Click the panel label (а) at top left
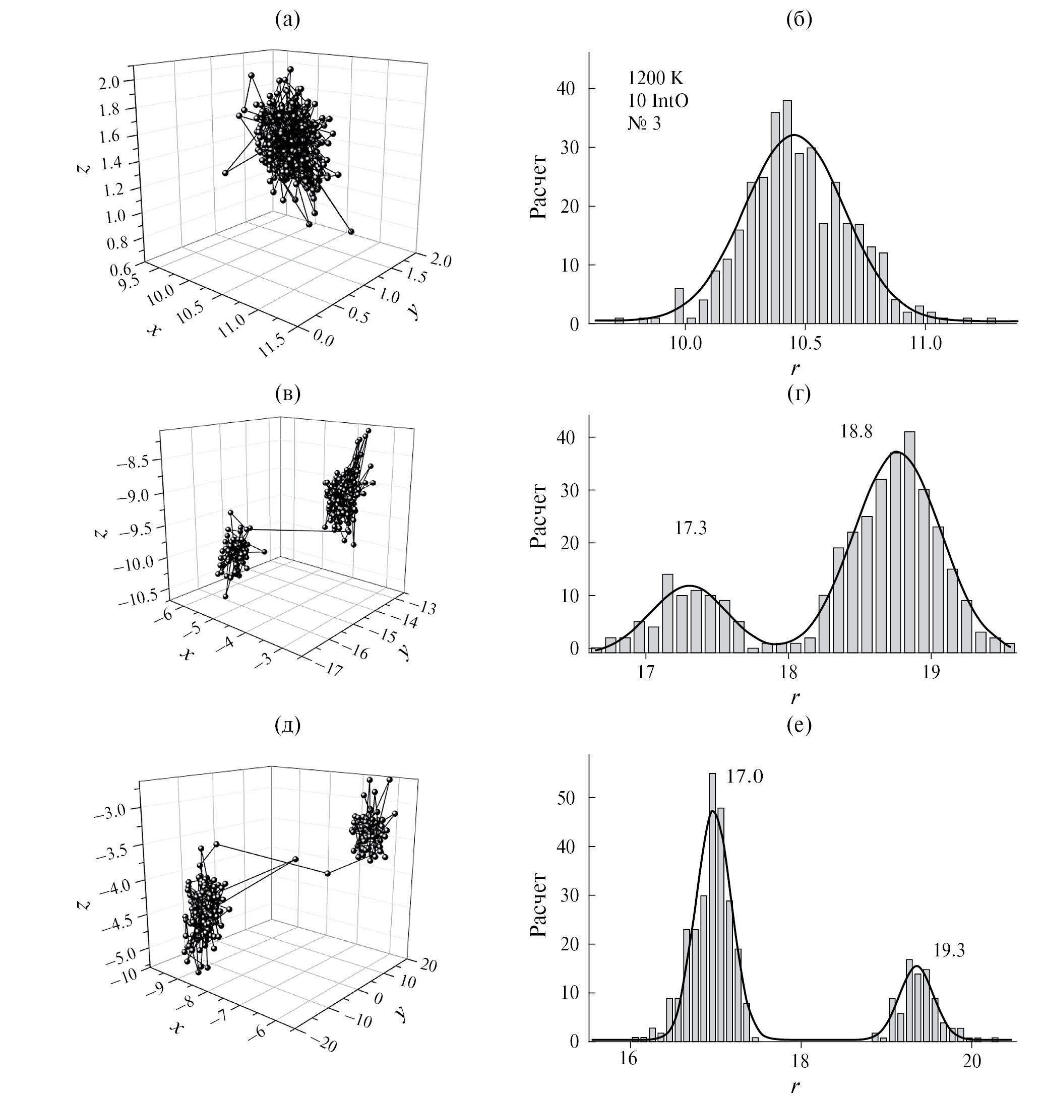tap(288, 20)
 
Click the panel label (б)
tap(800, 20)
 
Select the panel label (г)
tap(800, 394)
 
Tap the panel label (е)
tap(800, 725)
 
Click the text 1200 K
tap(655, 78)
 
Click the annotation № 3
tap(644, 123)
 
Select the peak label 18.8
tap(856, 431)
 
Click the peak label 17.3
tap(691, 528)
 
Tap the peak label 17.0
tap(744, 777)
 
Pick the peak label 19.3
tap(949, 951)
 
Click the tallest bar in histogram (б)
tap(787, 212)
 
